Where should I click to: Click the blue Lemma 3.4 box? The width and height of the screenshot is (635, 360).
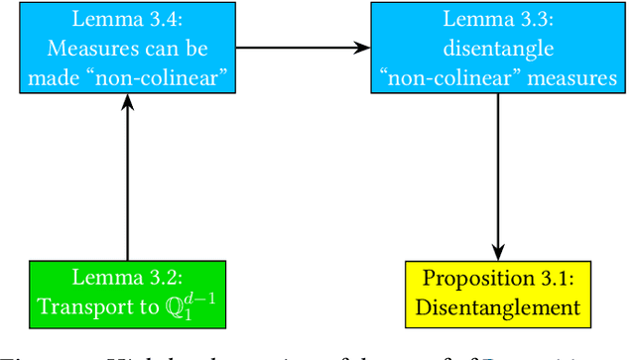tap(127, 47)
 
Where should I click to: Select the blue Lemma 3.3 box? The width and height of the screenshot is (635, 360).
tap(495, 47)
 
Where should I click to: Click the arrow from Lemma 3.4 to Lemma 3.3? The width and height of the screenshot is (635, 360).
tap(303, 47)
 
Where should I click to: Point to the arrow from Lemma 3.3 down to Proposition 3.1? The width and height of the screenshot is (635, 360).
tap(495, 179)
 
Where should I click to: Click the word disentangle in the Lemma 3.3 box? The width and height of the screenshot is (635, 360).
tap(495, 47)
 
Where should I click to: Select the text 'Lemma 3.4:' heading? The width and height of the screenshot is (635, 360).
tap(128, 18)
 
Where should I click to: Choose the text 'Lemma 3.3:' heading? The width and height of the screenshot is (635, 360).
tap(495, 18)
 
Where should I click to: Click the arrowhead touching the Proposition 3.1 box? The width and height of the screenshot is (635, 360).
tap(495, 252)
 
